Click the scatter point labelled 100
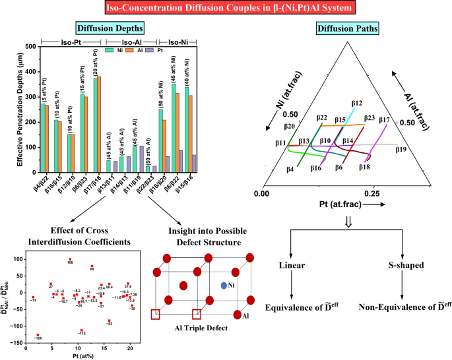tap(70, 259)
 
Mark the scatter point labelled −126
tap(38, 334)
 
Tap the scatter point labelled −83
tap(109, 320)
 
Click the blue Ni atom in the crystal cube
tap(224, 285)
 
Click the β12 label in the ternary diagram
tap(356, 104)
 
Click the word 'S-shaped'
tap(404, 266)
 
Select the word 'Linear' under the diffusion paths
tap(293, 266)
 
